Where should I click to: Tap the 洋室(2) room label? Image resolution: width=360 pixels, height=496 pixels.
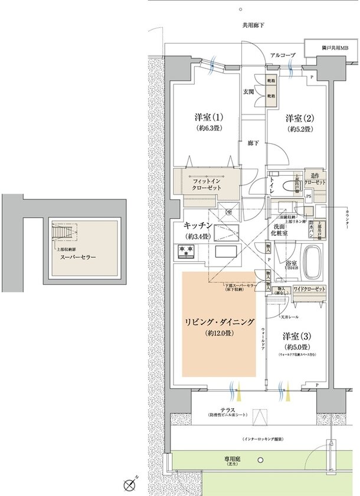tap(299, 117)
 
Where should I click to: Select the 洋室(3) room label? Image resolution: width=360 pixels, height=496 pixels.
tap(297, 336)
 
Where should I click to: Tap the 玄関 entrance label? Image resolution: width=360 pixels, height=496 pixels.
tap(248, 93)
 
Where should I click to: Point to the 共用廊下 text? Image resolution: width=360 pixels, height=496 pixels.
tap(253, 25)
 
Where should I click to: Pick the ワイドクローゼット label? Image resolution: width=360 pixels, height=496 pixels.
tap(310, 288)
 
